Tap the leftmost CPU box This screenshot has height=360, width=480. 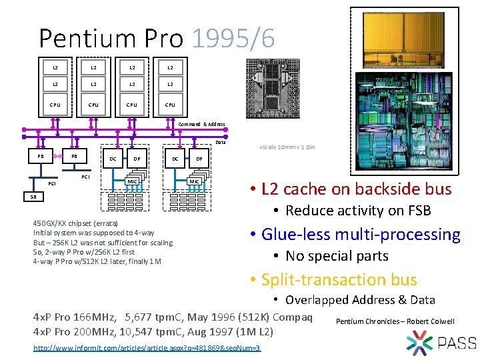[x=55, y=104]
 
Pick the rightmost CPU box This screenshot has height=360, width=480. [x=171, y=104]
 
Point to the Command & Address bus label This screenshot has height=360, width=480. [x=201, y=124]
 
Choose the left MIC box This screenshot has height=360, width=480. [x=133, y=181]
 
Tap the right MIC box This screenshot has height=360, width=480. [x=195, y=181]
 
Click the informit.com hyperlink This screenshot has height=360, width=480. [x=147, y=348]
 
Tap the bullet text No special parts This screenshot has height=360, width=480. [x=337, y=256]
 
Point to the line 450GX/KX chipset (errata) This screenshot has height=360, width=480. [x=75, y=223]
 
